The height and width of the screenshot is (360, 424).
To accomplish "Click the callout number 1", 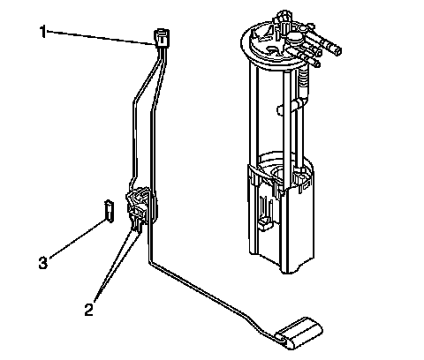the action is tap(43, 32).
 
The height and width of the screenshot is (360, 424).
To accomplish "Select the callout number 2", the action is tap(88, 310).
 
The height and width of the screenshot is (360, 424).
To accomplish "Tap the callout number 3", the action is tap(43, 262).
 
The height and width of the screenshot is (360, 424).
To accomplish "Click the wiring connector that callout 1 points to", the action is tap(162, 37).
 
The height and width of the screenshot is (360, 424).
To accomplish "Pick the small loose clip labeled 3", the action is tap(109, 211).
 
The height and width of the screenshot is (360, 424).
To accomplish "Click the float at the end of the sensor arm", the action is tap(299, 334).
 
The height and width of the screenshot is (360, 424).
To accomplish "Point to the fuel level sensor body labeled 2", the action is tap(139, 206).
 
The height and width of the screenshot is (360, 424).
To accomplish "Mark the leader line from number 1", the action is tap(101, 38).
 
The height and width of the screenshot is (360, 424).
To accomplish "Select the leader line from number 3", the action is tap(77, 239).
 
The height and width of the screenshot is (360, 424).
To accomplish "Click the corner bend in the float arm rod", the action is tap(150, 263).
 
